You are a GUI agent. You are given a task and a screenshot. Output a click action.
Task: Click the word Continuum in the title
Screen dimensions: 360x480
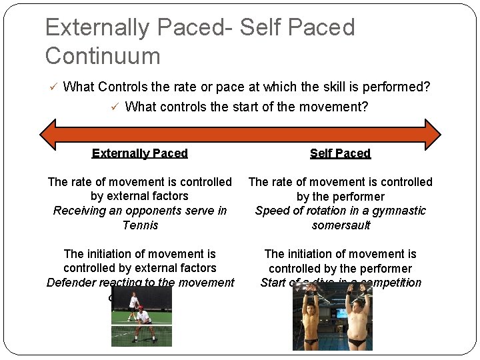[x=103, y=55]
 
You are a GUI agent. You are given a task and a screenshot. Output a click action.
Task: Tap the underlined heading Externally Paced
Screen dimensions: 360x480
[x=140, y=153]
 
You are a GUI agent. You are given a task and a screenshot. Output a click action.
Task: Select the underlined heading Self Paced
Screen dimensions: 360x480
[x=340, y=153]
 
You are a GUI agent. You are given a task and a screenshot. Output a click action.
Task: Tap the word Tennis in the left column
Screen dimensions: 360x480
[x=140, y=225]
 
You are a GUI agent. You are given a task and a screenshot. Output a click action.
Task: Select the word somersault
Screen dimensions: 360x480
[x=340, y=225]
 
